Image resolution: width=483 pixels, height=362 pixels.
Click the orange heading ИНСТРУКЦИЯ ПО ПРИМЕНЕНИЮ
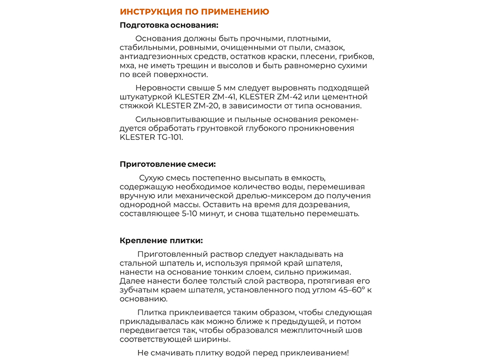pyautogui.click(x=194, y=12)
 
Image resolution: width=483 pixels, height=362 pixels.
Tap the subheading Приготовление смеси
pyautogui.click(x=168, y=164)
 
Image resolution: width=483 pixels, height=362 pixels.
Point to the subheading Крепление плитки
pyautogui.click(x=161, y=240)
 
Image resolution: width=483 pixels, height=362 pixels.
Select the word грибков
pyautogui.click(x=357, y=57)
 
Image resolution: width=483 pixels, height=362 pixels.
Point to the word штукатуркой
pyautogui.click(x=146, y=97)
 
